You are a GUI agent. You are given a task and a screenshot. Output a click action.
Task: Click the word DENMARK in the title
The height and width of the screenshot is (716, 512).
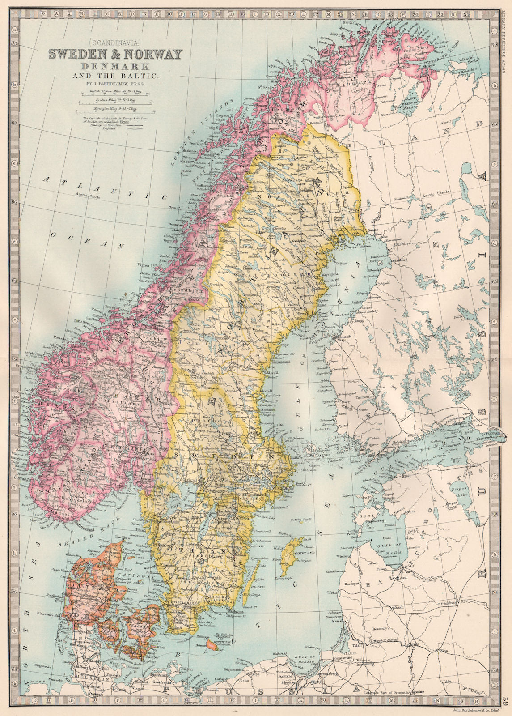115,67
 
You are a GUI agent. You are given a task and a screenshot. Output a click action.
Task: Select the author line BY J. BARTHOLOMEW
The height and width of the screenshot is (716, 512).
115,83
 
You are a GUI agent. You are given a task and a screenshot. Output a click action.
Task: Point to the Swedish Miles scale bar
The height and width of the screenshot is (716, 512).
115,102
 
